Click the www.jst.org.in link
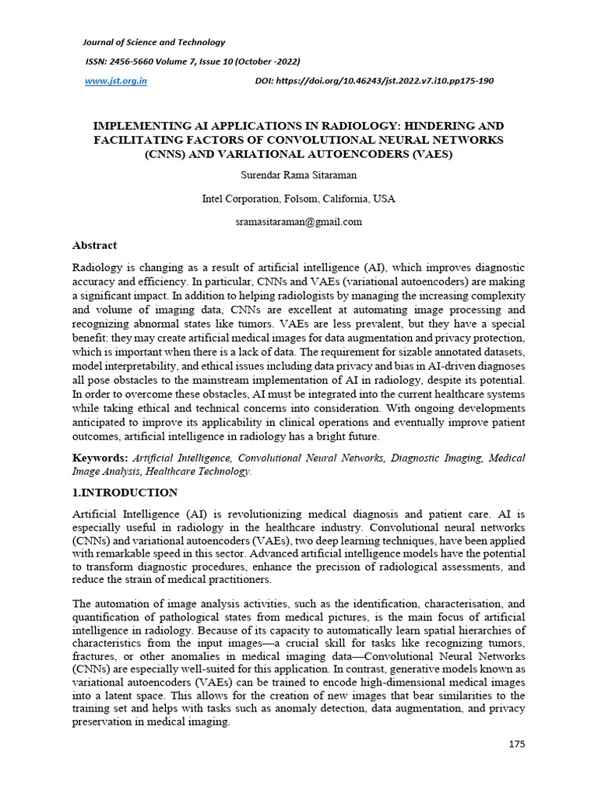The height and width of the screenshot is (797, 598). tap(115, 81)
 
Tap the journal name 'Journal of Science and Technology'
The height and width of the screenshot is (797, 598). tap(153, 42)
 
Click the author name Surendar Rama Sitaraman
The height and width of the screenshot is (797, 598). tap(298, 175)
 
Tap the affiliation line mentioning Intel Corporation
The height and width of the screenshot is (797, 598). tap(298, 198)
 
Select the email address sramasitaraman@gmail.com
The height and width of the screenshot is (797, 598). tap(298, 222)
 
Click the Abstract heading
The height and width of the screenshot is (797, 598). tap(94, 245)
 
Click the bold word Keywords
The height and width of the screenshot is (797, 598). tap(100, 458)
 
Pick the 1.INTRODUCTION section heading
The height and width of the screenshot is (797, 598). tap(125, 493)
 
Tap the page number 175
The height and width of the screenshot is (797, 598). tap(517, 744)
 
